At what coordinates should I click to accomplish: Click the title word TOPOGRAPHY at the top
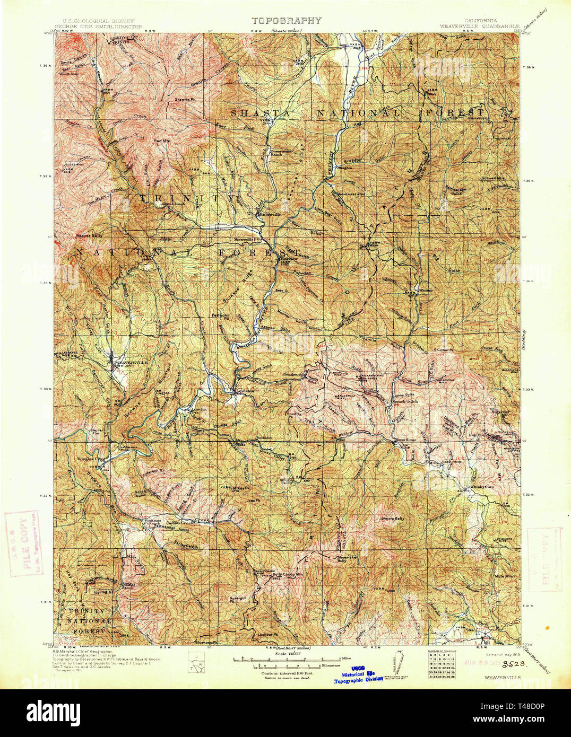coord(286,21)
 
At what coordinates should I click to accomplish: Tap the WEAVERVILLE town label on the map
coord(131,362)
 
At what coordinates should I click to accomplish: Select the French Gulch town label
coord(406,402)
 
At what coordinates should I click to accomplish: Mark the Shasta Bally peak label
coord(393,519)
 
